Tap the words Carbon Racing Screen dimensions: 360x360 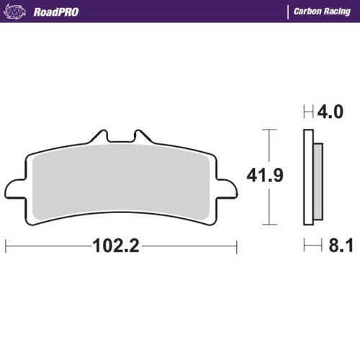pos(322,12)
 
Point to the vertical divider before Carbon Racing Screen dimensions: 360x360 pos(289,12)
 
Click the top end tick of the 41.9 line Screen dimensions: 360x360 pos(269,130)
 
